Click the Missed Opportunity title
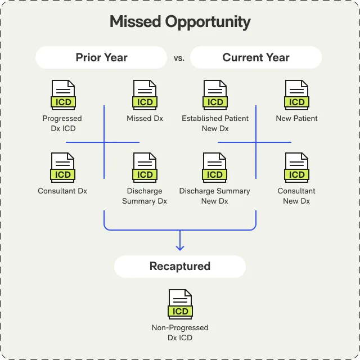180,22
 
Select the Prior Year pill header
101,57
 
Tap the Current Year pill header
256,57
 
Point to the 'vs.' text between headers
179,58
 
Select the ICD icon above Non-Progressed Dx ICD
180,304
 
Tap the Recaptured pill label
180,266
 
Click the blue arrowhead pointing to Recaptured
180,246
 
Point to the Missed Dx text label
145,119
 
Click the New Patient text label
296,119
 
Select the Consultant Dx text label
62,191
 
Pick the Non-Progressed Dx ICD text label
180,332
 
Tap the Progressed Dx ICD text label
62,123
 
